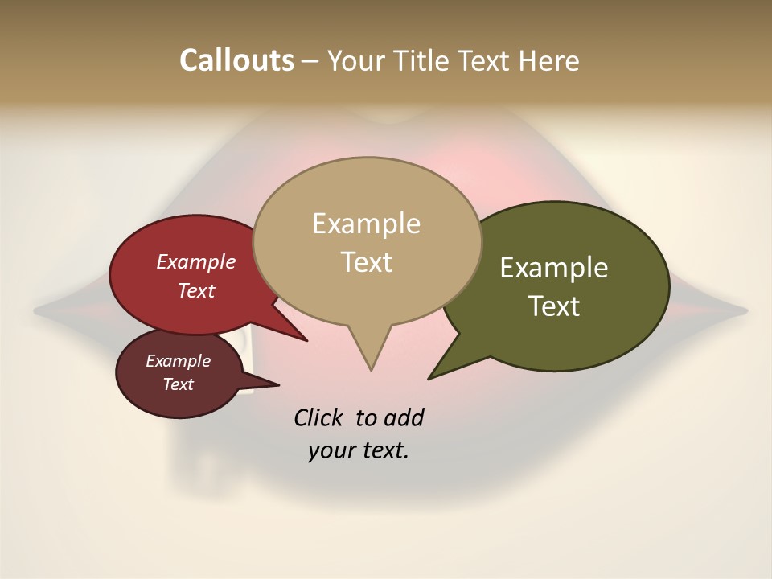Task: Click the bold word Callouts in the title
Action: pyautogui.click(x=236, y=60)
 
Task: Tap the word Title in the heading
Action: pyautogui.click(x=425, y=60)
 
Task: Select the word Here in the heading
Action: pyautogui.click(x=548, y=60)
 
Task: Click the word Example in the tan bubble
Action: pyautogui.click(x=366, y=224)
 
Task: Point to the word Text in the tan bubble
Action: pyautogui.click(x=366, y=262)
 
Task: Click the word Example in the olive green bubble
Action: pyautogui.click(x=554, y=268)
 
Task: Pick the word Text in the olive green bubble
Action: pyautogui.click(x=554, y=306)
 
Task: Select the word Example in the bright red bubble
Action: pyautogui.click(x=196, y=261)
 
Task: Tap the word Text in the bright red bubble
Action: pyautogui.click(x=196, y=290)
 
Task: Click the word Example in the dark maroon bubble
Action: pyautogui.click(x=178, y=361)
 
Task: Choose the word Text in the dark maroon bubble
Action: pyautogui.click(x=178, y=384)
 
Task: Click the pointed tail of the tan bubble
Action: pyautogui.click(x=371, y=362)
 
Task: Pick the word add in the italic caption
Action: pyautogui.click(x=403, y=418)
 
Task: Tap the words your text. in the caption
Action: pyautogui.click(x=359, y=450)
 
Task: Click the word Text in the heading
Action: pyautogui.click(x=485, y=60)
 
